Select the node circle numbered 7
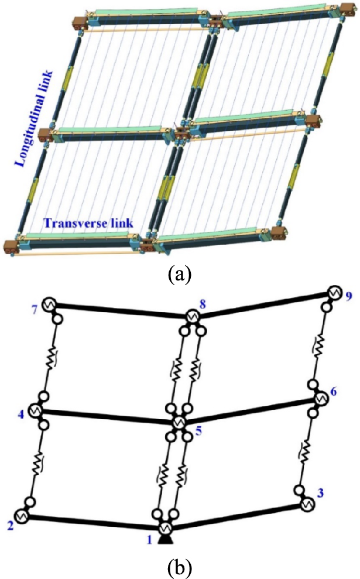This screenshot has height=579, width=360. point(49,304)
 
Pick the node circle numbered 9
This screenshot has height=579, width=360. point(334,292)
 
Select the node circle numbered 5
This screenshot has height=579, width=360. point(180,422)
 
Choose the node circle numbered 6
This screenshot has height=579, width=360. point(320,399)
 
